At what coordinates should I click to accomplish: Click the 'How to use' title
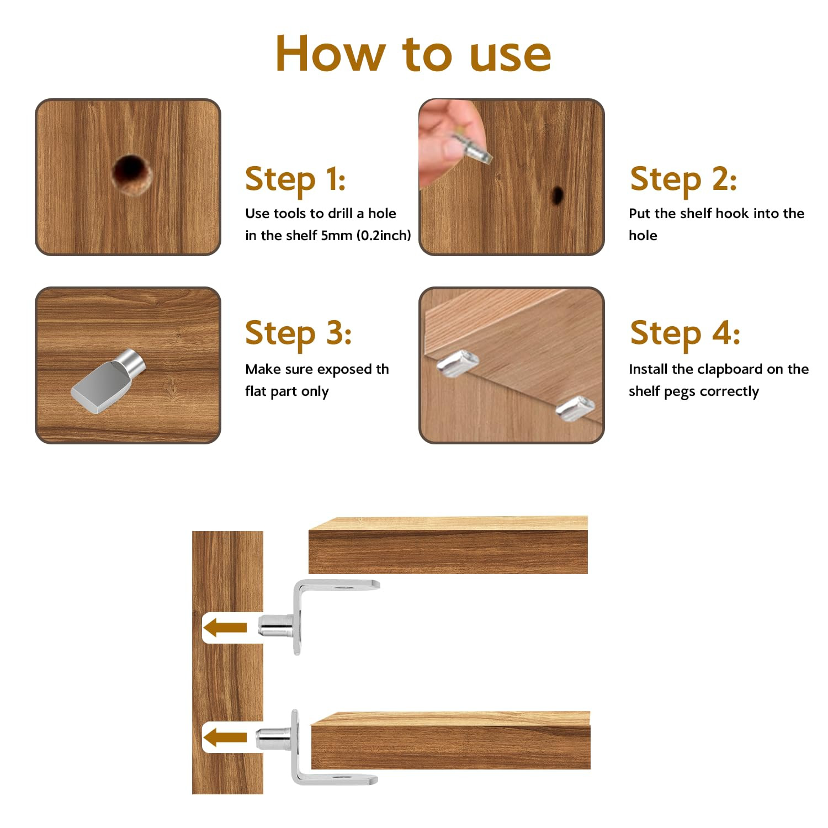click(x=413, y=54)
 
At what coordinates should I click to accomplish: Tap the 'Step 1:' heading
click(x=295, y=179)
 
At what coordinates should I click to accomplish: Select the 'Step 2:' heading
click(x=683, y=179)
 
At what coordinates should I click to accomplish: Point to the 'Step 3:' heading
click(x=298, y=333)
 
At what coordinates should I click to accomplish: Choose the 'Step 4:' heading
click(x=685, y=333)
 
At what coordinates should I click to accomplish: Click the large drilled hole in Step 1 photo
click(x=131, y=174)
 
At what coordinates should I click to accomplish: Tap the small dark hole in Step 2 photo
click(x=558, y=195)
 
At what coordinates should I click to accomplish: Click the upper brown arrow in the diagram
click(x=225, y=628)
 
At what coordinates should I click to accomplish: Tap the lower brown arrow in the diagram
click(x=225, y=737)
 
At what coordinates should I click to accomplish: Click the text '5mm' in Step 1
click(x=337, y=236)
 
